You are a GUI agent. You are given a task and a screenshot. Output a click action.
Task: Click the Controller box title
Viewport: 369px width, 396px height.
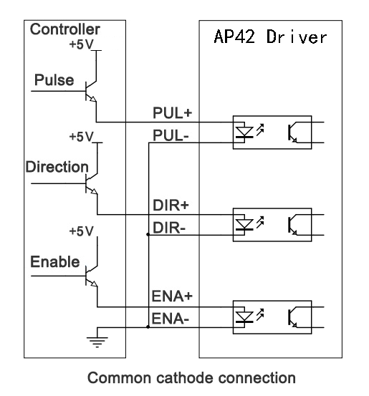pos(65,29)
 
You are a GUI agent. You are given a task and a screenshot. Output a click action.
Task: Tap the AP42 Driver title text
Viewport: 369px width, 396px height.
pos(270,37)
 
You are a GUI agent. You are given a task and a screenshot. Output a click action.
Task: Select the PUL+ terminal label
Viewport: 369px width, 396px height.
pos(173,112)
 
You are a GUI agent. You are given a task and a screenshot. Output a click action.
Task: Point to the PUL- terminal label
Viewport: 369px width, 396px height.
pos(171,135)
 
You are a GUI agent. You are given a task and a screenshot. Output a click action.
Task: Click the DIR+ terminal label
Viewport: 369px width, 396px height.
pos(171,205)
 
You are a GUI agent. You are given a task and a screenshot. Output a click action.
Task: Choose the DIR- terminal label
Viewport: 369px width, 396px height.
pos(169,228)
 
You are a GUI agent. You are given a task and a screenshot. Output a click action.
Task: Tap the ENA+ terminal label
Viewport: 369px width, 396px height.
pos(172,296)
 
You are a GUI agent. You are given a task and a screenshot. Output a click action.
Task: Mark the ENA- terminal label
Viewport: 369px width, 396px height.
pos(170,319)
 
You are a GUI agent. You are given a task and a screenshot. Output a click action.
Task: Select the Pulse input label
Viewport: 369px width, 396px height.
pos(54,80)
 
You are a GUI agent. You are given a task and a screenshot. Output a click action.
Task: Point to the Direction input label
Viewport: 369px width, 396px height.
pos(57,167)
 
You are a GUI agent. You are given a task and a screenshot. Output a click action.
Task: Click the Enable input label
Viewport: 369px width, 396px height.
pos(55,261)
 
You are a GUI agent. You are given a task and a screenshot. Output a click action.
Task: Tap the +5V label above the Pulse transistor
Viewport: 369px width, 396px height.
pos(82,44)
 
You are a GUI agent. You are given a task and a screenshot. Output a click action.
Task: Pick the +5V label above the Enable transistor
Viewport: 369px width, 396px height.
pos(82,231)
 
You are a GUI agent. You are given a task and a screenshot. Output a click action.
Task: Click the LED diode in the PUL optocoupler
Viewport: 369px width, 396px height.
pos(244,132)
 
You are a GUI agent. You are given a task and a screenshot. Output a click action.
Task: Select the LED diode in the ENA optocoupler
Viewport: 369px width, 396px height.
pos(244,317)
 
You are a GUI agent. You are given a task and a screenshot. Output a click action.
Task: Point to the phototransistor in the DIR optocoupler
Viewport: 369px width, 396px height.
pos(292,225)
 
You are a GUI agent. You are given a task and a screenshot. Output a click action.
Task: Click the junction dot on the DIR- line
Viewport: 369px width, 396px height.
pos(148,235)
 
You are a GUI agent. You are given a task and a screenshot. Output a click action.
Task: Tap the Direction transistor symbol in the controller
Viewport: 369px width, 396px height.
pos(92,183)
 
